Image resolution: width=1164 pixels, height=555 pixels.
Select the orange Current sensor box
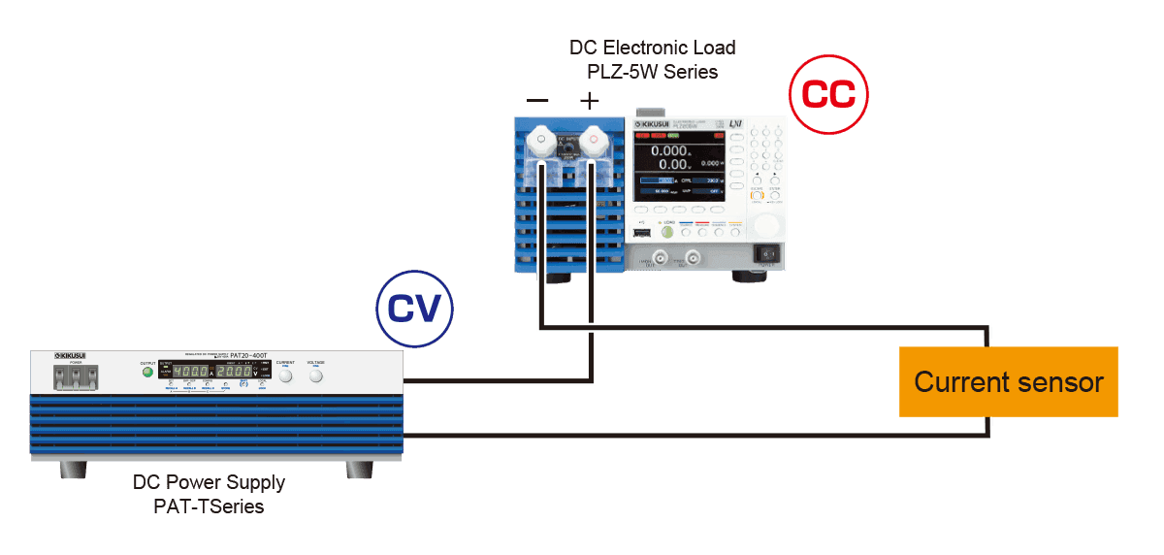point(1009,381)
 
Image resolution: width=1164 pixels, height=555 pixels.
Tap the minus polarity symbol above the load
point(537,100)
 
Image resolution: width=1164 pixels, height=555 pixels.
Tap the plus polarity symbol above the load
point(589,100)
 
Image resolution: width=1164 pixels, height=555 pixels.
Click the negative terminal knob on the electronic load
point(539,145)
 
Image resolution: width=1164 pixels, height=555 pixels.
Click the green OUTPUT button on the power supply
point(147,372)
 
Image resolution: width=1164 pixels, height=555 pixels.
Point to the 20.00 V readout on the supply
point(234,372)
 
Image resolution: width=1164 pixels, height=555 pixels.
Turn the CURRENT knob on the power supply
point(285,375)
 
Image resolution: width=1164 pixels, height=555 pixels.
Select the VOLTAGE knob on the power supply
point(316,375)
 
